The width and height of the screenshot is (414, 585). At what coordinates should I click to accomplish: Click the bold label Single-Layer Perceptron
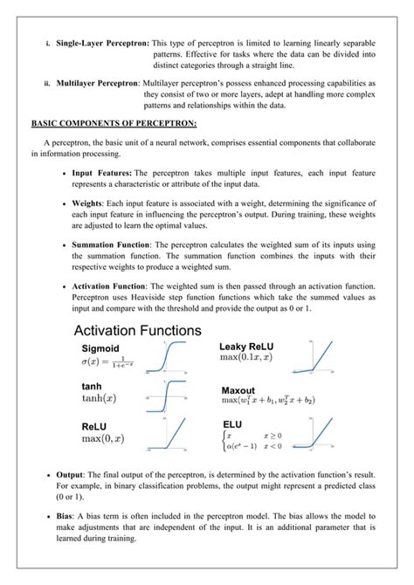pyautogui.click(x=102, y=42)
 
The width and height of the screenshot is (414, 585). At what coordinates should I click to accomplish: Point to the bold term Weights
pyautogui.click(x=90, y=202)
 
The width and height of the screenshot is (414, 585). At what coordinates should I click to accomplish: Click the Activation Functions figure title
pyautogui.click(x=137, y=331)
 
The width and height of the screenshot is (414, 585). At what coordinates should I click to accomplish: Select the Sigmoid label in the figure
pyautogui.click(x=100, y=347)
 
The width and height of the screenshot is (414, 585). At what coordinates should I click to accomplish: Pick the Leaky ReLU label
pyautogui.click(x=252, y=346)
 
